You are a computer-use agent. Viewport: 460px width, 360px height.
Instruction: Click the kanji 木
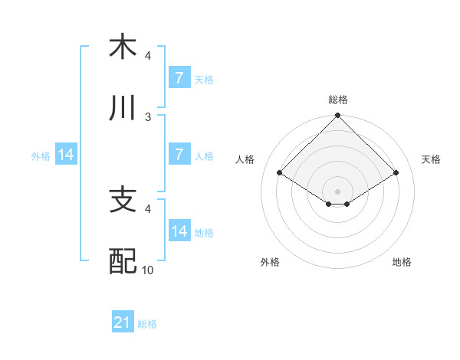[123, 47]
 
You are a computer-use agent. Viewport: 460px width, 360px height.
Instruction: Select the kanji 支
[123, 200]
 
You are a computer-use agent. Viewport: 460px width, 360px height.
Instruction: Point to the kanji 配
[123, 261]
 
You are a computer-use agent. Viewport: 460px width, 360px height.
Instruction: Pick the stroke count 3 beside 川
[149, 116]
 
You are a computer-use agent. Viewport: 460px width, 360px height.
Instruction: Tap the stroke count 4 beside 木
[149, 55]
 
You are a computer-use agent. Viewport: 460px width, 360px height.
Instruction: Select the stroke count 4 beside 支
[149, 208]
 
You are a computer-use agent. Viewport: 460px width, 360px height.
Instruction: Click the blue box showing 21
[123, 322]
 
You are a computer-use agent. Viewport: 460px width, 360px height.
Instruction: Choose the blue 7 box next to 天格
[179, 77]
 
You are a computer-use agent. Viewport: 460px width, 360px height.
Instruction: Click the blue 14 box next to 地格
[179, 231]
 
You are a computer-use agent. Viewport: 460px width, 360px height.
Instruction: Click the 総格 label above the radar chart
[338, 100]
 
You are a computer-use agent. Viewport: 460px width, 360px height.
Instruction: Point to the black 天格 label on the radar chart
[431, 159]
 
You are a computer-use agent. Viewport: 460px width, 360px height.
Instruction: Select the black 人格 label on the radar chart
[245, 159]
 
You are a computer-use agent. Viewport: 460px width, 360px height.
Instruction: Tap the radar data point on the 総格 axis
[338, 116]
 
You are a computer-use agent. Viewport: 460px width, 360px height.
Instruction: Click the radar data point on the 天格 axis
[396, 173]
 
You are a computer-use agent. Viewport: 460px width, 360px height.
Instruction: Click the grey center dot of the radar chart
[338, 191]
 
